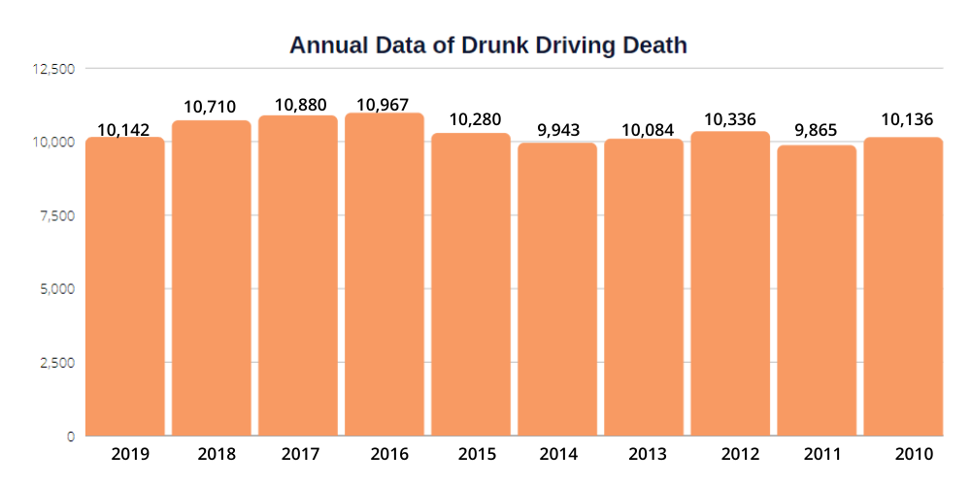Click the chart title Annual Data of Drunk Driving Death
(x=488, y=45)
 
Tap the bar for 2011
(x=817, y=290)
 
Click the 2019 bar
(x=125, y=286)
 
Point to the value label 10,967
(x=385, y=103)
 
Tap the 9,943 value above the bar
(x=557, y=129)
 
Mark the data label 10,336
(x=731, y=119)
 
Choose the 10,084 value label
(x=644, y=127)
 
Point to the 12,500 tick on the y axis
(x=55, y=69)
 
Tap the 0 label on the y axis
(x=71, y=436)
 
